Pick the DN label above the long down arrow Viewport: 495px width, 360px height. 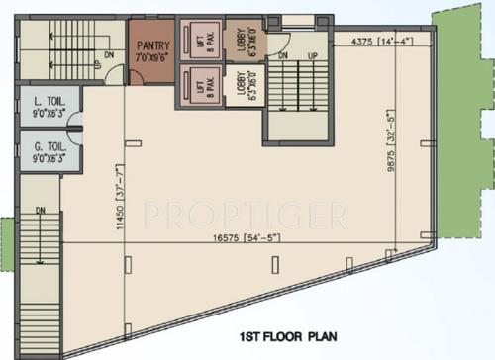41,211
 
